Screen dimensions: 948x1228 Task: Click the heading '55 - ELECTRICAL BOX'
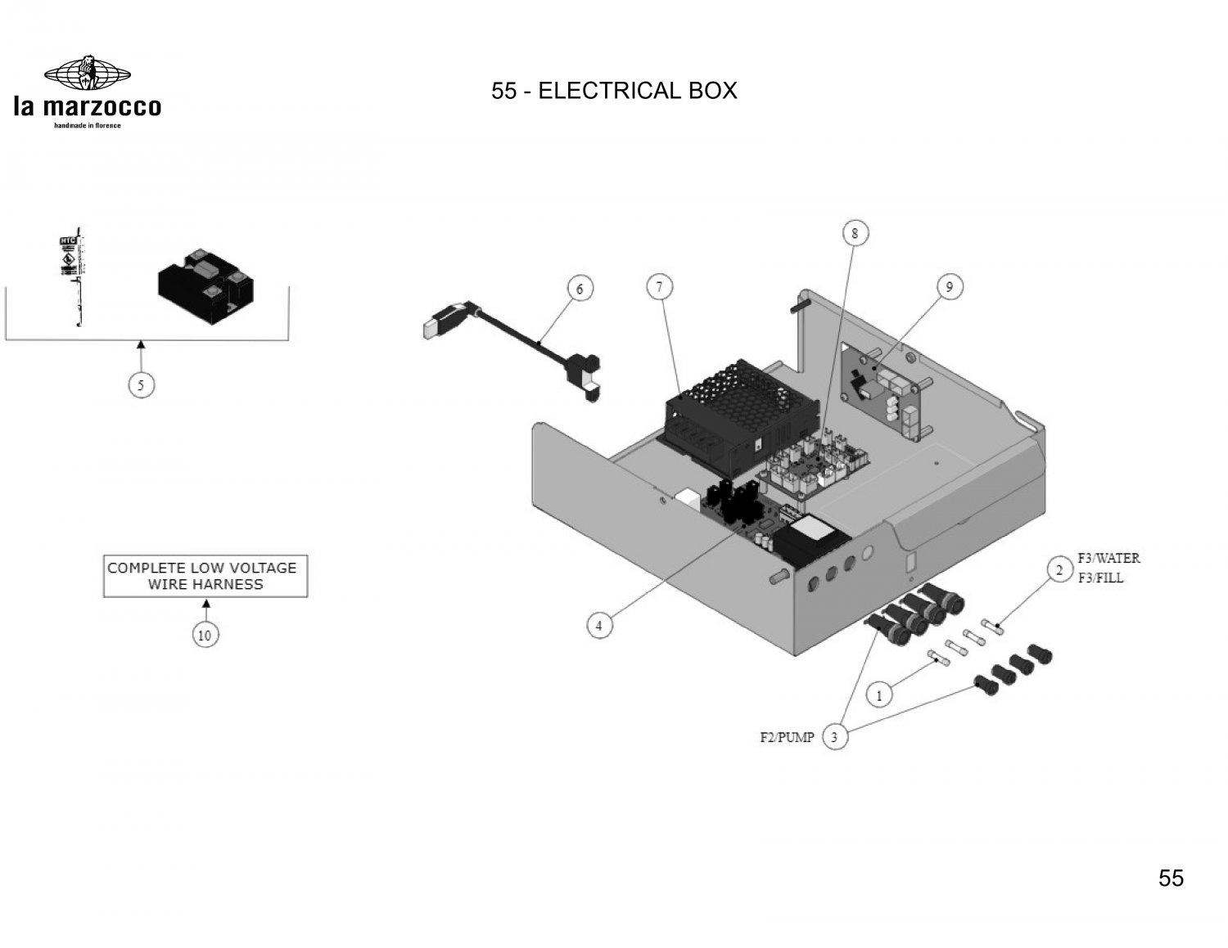[614, 90]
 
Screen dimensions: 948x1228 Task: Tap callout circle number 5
[142, 384]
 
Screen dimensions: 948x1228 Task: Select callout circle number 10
[205, 635]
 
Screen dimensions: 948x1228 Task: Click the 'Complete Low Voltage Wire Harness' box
[205, 576]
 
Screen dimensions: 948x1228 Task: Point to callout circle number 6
[580, 289]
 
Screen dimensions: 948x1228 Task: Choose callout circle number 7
[659, 286]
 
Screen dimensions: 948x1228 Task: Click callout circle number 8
[855, 233]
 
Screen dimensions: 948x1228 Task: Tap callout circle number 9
[950, 286]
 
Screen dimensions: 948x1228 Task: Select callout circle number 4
[599, 626]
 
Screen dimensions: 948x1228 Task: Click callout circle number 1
[880, 695]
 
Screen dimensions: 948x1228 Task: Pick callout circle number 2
[1059, 569]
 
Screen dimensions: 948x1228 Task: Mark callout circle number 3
[834, 737]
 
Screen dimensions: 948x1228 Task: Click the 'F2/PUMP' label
[787, 738]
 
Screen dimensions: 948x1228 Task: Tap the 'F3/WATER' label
[1108, 559]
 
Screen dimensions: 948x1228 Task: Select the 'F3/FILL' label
[1100, 577]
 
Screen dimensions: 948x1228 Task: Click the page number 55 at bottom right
[1171, 878]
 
